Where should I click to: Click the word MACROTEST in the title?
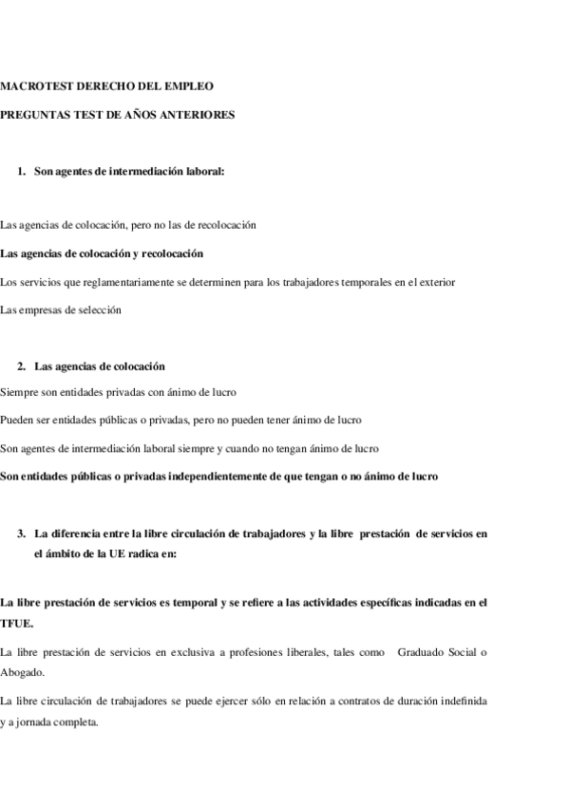click(x=32, y=86)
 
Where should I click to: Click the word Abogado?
click(x=23, y=671)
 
